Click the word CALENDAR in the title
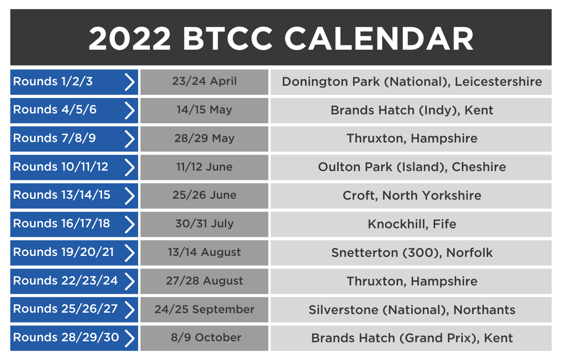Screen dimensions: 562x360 coord(378,39)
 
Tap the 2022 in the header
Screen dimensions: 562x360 coord(130,39)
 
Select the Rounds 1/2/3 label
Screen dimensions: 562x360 coord(53,82)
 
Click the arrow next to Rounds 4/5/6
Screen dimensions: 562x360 coord(129,111)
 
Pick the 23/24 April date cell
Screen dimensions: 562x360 coord(204,82)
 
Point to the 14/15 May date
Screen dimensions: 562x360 coord(204,110)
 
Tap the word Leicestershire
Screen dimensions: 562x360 coord(498,82)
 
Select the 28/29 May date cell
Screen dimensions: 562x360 coord(204,139)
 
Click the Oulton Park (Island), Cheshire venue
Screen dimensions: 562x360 coord(412,167)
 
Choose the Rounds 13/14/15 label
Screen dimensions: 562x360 coord(61,195)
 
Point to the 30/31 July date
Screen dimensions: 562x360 coord(204,224)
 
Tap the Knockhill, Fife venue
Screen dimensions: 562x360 coord(412,224)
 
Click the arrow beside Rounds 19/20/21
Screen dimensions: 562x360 coord(129,253)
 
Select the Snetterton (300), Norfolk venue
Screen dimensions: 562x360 coord(412,253)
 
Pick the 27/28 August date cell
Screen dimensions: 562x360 coord(204,281)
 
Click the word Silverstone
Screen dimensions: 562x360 coord(343,310)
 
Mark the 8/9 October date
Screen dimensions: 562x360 coord(206,337)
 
